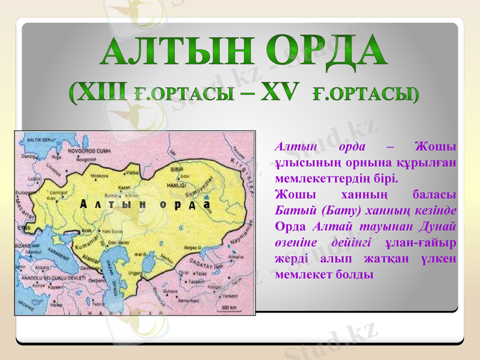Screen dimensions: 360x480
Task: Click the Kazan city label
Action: [x=124, y=187]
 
